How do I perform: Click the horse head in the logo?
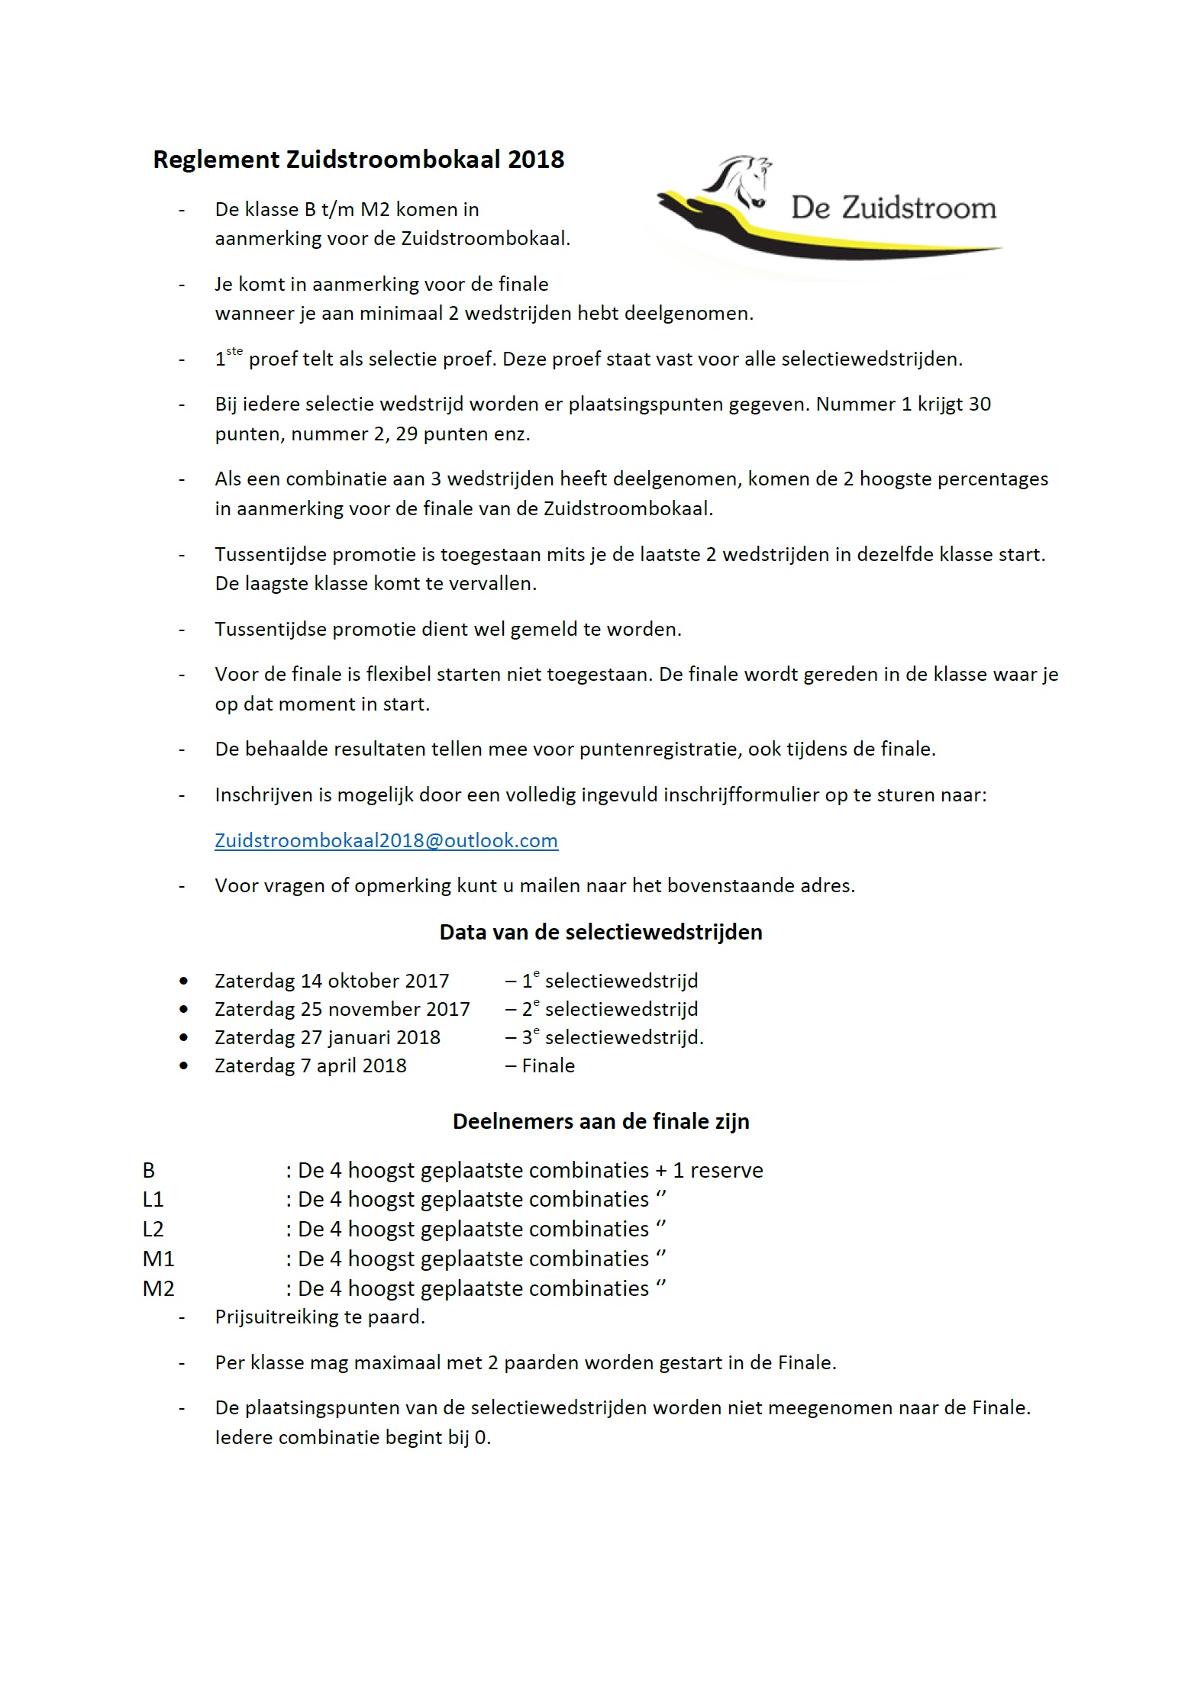tap(742, 182)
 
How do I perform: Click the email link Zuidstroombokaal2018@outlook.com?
tap(386, 840)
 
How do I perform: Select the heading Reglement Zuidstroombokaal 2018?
tap(358, 160)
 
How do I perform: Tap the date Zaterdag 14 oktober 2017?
tap(331, 981)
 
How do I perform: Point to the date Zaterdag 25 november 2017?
tap(342, 1009)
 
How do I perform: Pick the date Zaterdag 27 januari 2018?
tap(328, 1037)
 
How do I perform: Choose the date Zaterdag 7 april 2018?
tap(311, 1065)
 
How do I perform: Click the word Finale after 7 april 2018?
tap(548, 1065)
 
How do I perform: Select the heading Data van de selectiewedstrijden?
tap(601, 932)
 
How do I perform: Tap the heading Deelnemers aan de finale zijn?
tap(601, 1121)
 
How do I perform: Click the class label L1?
tap(153, 1200)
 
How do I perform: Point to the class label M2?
tap(158, 1289)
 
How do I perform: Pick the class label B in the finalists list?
tap(148, 1171)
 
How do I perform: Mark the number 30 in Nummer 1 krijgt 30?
tap(980, 404)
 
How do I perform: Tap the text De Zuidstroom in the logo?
tap(893, 208)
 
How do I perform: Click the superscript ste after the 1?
tap(234, 352)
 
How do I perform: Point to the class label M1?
tap(158, 1259)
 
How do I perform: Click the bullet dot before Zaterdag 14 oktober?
tap(183, 981)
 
